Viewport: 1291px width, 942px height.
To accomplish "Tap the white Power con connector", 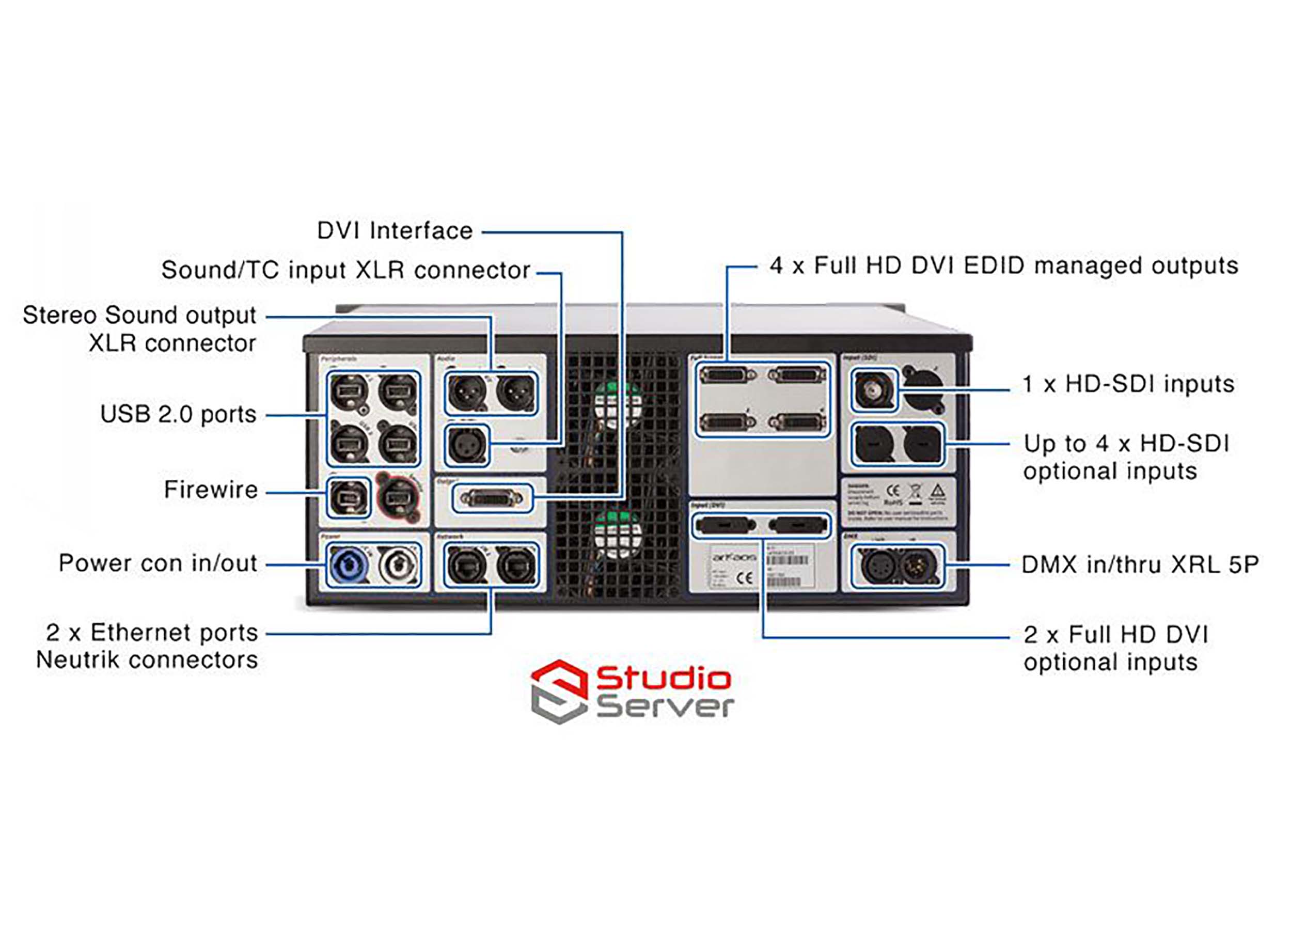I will click(398, 565).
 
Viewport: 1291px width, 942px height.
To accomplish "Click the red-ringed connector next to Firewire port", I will click(398, 497).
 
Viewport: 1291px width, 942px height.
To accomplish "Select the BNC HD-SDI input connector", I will click(873, 390).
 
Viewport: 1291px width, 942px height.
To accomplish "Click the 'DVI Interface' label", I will click(395, 231).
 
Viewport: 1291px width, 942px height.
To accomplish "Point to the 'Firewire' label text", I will click(211, 490).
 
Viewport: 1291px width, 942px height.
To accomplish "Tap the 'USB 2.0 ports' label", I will click(178, 414).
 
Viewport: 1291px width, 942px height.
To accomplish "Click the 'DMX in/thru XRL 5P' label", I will click(1139, 564).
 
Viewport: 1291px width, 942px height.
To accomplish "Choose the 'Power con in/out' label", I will click(158, 563).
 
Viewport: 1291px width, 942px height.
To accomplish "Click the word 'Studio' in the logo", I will click(663, 678).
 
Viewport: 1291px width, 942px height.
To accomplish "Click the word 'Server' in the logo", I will click(664, 706).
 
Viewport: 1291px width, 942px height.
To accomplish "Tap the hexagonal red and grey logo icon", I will click(559, 691).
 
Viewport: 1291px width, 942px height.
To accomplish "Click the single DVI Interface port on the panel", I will click(491, 498).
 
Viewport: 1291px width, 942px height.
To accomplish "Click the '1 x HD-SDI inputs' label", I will click(1128, 384).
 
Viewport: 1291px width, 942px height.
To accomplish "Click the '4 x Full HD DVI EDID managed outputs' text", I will click(1003, 266).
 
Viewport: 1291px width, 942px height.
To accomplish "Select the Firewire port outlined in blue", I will click(347, 497).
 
